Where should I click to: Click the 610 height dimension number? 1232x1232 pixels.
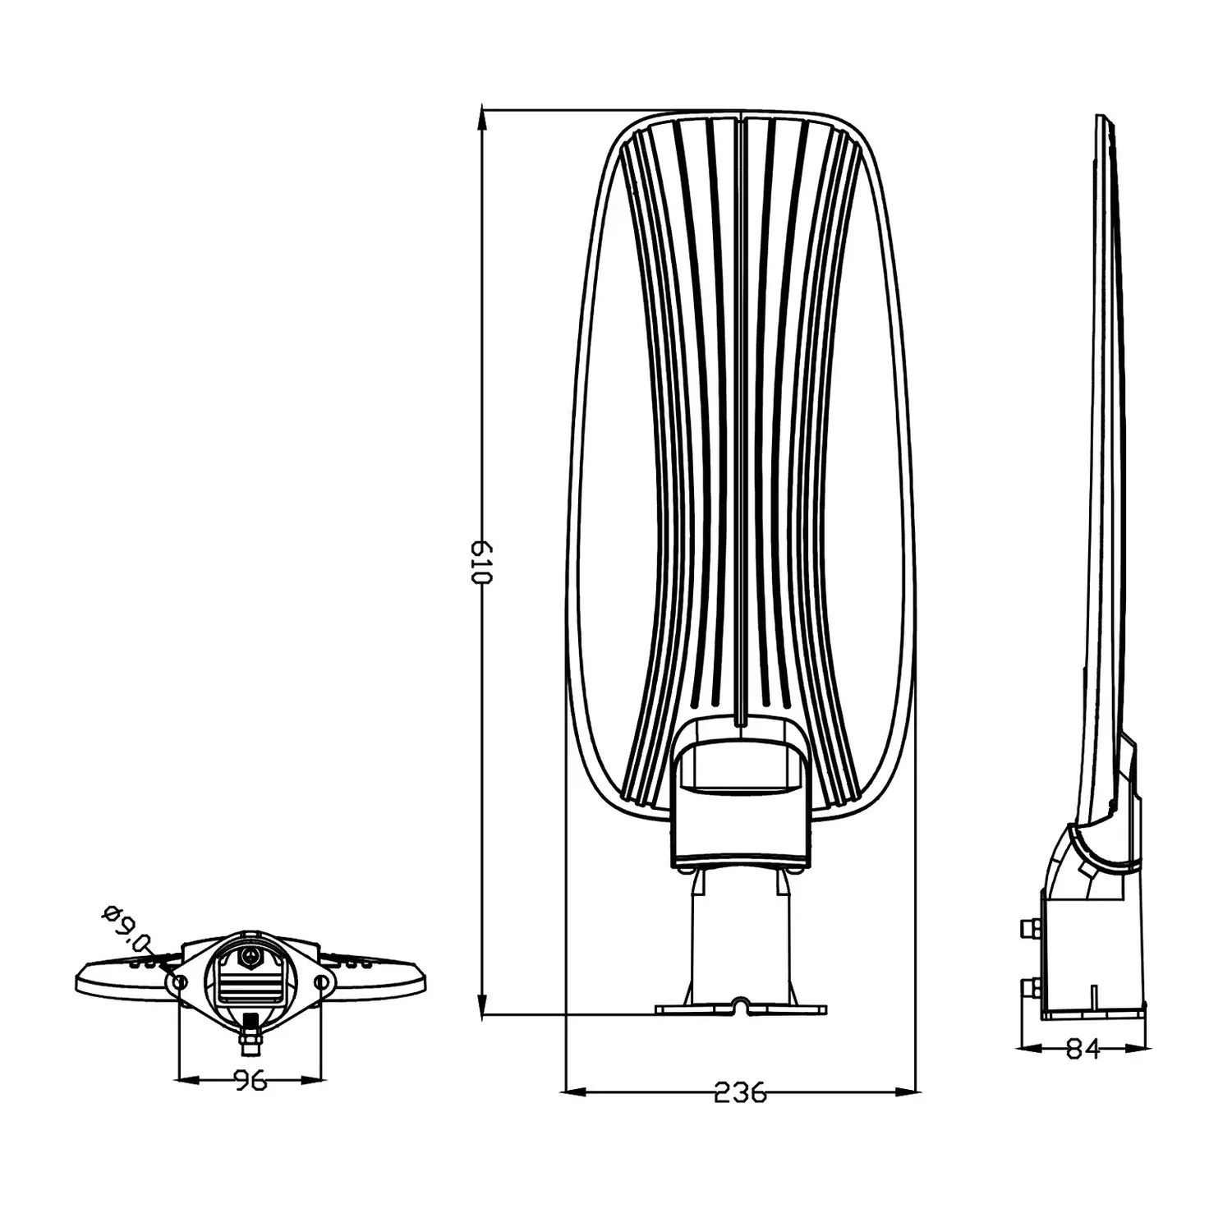[x=480, y=563]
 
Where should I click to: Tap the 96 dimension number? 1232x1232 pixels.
[x=250, y=1080]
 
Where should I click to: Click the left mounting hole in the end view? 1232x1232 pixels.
[x=177, y=981]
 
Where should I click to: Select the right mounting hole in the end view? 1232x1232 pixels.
[x=322, y=981]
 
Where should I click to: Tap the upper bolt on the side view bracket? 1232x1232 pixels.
[x=1029, y=927]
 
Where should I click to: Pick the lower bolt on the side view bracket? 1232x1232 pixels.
[x=1029, y=986]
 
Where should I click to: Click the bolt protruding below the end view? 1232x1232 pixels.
[x=249, y=1034]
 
